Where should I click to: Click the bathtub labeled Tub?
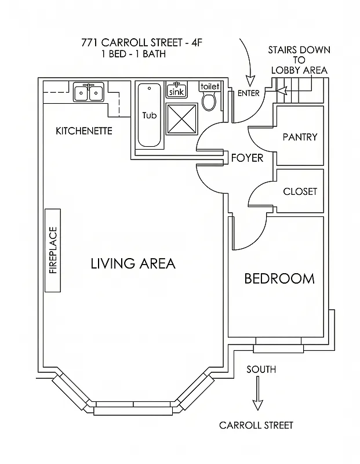[x=150, y=115]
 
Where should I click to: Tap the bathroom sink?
[x=177, y=90]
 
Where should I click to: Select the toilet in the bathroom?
[x=209, y=99]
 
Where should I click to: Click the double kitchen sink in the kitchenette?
[x=88, y=92]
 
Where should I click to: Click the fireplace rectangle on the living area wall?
[x=53, y=251]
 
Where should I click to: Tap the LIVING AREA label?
[x=133, y=264]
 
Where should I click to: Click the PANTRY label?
[x=300, y=137]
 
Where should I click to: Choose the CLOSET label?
[x=300, y=191]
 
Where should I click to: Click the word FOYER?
[x=247, y=158]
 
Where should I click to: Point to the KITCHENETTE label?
[x=84, y=131]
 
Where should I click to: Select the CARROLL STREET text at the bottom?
[x=256, y=425]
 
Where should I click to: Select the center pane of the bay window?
[x=134, y=408]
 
